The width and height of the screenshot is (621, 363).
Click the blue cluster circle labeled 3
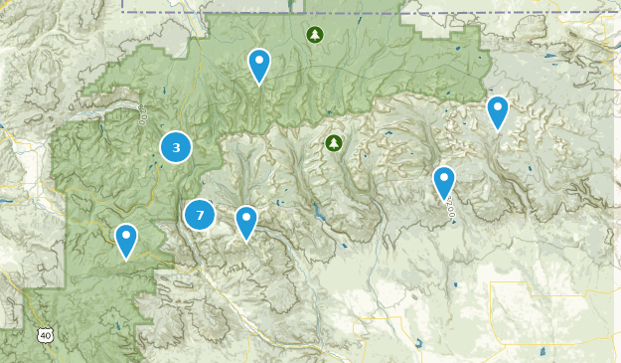(x=176, y=148)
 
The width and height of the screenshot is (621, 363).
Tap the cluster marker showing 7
(x=200, y=214)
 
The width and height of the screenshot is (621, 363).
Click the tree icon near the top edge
(x=315, y=36)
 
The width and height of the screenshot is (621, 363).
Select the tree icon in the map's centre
(x=334, y=143)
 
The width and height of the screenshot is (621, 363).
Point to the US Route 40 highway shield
(x=45, y=336)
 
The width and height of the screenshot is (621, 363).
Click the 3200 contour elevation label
(x=450, y=210)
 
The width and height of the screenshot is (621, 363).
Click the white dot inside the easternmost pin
(x=498, y=105)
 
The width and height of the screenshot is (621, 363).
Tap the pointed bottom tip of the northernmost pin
(x=259, y=86)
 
